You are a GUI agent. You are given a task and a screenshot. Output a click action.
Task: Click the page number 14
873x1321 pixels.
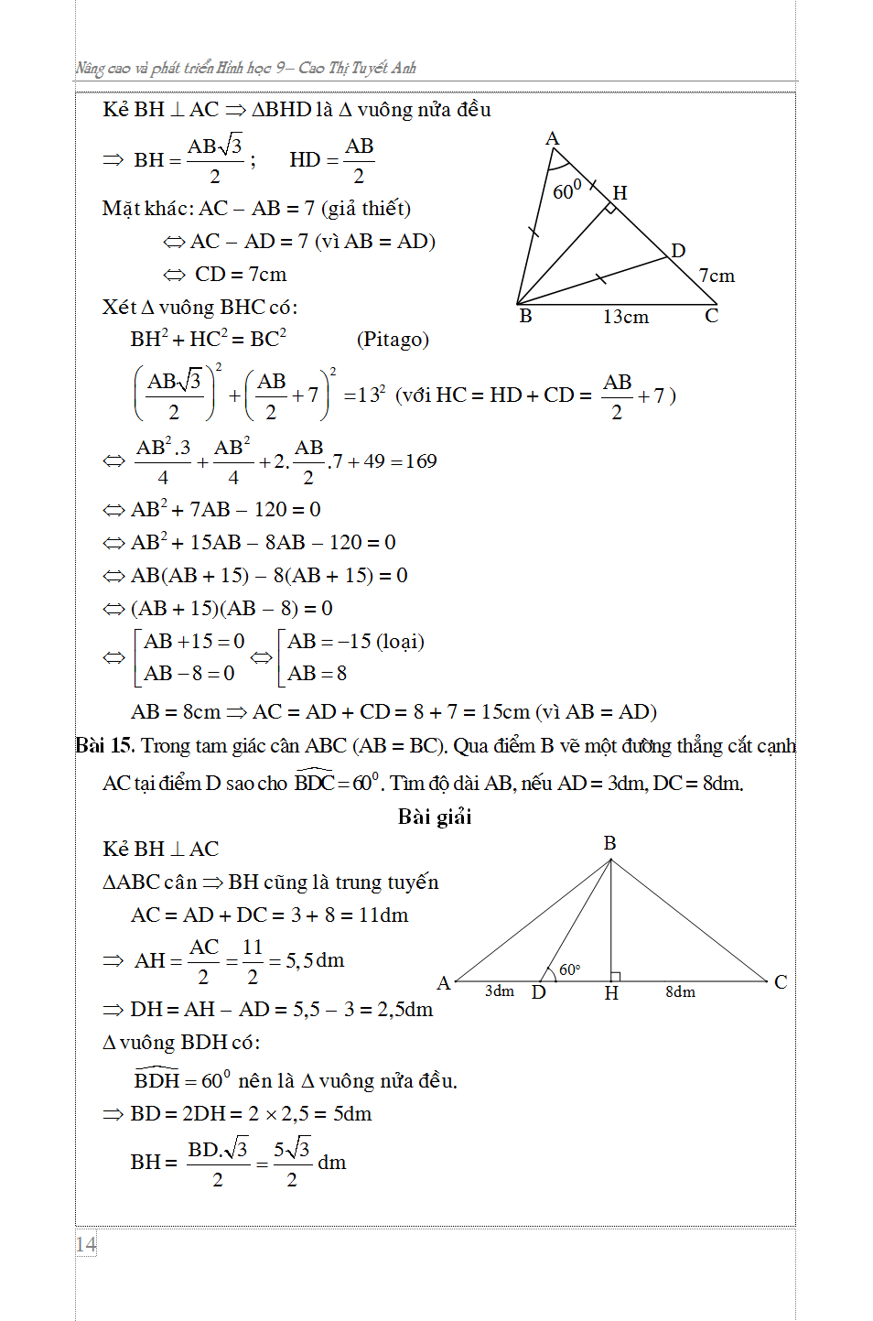[x=86, y=1244]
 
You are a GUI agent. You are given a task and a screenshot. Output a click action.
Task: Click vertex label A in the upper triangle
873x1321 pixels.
[x=552, y=139]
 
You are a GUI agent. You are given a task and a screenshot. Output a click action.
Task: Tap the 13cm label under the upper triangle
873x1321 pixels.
[x=626, y=317]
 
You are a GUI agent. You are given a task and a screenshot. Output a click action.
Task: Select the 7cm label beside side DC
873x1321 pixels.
[x=717, y=276]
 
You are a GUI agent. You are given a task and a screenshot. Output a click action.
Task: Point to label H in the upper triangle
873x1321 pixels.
[x=620, y=193]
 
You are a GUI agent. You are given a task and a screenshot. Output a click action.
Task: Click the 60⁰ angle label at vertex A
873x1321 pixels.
[x=566, y=190]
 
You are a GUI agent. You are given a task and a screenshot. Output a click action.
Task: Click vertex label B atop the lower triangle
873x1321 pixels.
[x=609, y=843]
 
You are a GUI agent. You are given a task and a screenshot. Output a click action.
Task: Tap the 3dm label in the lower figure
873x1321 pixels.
[x=500, y=991]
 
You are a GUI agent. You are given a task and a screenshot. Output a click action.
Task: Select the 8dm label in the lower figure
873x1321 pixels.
[x=680, y=991]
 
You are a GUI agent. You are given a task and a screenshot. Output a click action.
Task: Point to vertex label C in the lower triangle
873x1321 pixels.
[x=781, y=982]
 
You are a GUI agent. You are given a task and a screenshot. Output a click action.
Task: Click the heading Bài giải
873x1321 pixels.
[x=435, y=817]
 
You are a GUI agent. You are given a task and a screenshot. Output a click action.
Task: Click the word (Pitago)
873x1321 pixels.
[x=393, y=340]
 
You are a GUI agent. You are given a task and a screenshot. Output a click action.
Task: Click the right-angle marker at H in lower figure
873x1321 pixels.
[x=616, y=976]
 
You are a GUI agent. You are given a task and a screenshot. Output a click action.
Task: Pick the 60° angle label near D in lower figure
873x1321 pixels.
[x=569, y=969]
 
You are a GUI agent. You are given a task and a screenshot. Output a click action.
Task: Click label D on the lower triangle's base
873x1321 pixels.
[x=539, y=992]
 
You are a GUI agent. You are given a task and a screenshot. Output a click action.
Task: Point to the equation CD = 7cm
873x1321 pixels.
[x=240, y=275]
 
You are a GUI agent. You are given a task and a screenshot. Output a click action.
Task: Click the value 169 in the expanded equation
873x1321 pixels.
[x=421, y=461]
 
